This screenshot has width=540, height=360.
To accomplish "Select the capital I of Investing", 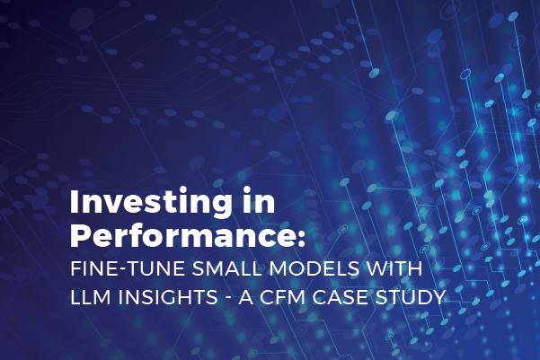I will [x=75, y=203].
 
